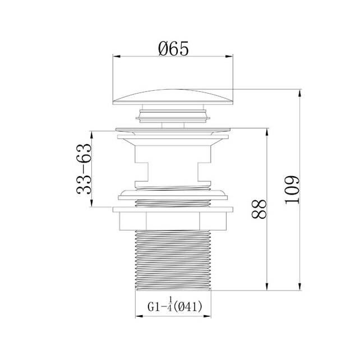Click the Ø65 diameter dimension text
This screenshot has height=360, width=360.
[x=173, y=49]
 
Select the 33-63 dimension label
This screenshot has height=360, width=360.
[x=84, y=169]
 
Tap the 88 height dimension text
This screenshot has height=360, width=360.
[x=259, y=209]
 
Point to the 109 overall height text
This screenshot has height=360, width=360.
[x=292, y=190]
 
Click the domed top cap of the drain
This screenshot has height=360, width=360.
[x=173, y=97]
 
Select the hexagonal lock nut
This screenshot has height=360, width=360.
[x=173, y=221]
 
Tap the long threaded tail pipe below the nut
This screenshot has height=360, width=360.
[x=173, y=261]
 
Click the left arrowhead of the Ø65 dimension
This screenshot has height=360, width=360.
[x=117, y=56]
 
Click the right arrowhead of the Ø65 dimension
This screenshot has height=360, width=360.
[x=229, y=56]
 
